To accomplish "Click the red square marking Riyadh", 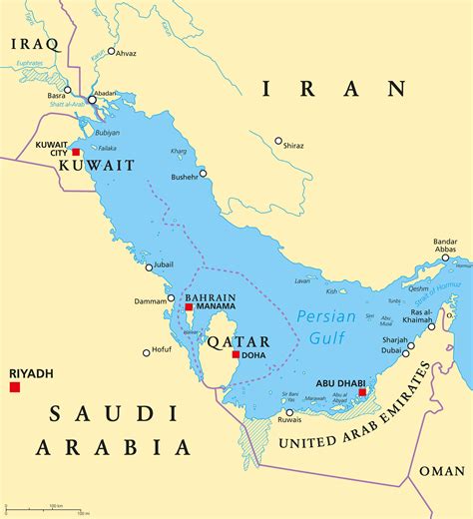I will pos(15,386).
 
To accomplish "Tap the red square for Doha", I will pos(236,354).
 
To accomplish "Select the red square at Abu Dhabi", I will pos(362,392).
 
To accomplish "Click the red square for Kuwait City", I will pos(75,152).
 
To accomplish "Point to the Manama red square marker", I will pos(189,307).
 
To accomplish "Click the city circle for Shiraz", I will pos(278,141).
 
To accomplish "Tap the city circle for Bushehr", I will pos(203,173).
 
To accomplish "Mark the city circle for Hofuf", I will pos(146,351).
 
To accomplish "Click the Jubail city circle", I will pos(149,266).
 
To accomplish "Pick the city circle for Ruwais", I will pos(289,412).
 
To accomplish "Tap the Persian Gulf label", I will pos(322,328).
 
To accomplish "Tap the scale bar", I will pos(50,508).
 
